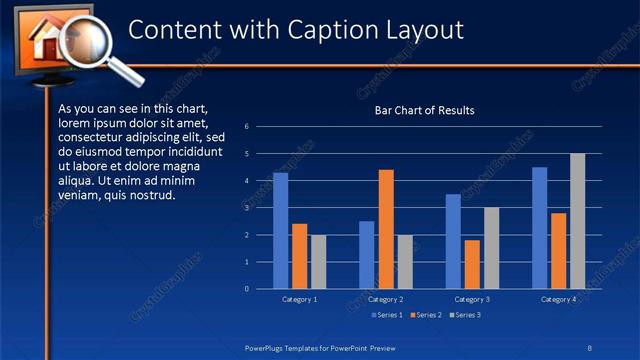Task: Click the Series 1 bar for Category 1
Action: pyautogui.click(x=280, y=231)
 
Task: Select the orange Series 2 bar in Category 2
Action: pyautogui.click(x=386, y=229)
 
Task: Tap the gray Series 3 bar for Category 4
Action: pyautogui.click(x=577, y=221)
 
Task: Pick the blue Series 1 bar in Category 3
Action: pyautogui.click(x=453, y=241)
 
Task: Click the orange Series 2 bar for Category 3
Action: pyautogui.click(x=472, y=264)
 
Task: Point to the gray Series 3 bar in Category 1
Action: pyautogui.click(x=318, y=262)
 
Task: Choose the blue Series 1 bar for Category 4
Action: pyautogui.click(x=540, y=228)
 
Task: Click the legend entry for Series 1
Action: pyautogui.click(x=387, y=316)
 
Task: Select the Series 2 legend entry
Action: pyautogui.click(x=426, y=316)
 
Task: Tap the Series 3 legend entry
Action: pyautogui.click(x=465, y=316)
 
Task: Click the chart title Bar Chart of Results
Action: pyautogui.click(x=424, y=110)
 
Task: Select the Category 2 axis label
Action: pyautogui.click(x=386, y=299)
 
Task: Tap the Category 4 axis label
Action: pyautogui.click(x=558, y=299)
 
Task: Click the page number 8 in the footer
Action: pyautogui.click(x=590, y=347)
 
